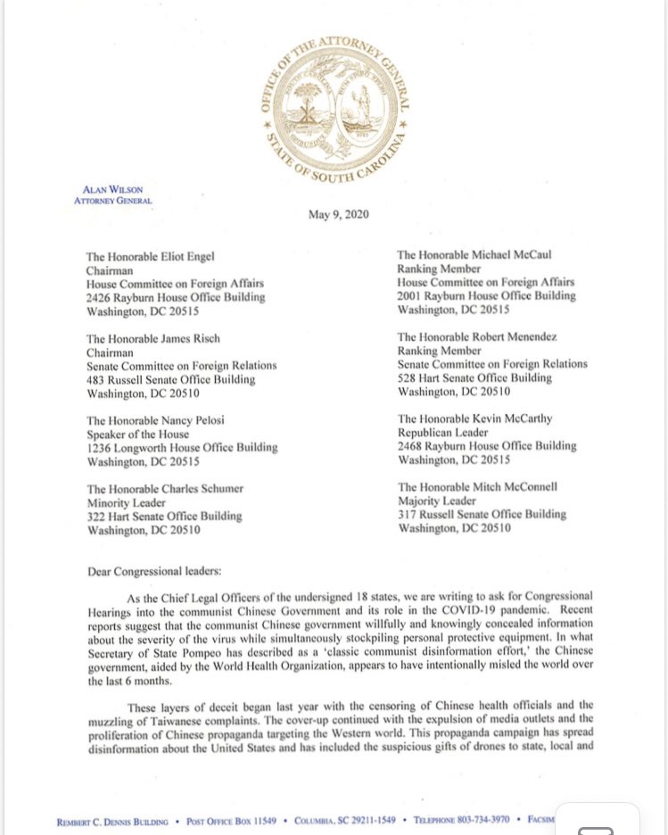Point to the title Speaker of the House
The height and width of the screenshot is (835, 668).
click(x=137, y=434)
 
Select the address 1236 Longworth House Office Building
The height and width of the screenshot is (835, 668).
click(x=182, y=448)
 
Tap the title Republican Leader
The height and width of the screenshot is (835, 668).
click(x=443, y=433)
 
